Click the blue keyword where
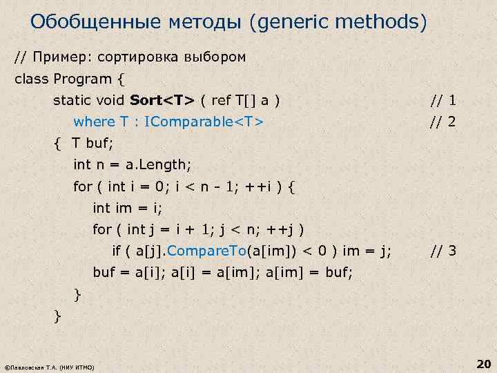click(94, 122)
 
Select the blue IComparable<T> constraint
click(202, 122)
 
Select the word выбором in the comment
click(214, 57)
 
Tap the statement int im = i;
click(130, 208)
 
